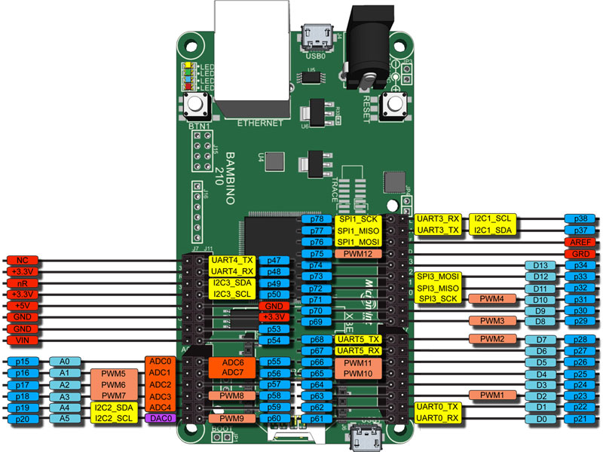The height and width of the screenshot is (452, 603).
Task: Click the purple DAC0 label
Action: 160,418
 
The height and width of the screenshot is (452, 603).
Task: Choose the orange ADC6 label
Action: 232,362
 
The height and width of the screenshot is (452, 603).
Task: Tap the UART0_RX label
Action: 438,418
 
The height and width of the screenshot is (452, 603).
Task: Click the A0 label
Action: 64,362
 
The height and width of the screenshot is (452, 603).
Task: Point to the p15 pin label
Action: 23,362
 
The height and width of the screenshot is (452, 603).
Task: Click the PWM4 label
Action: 491,299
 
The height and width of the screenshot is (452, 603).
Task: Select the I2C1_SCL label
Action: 491,218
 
